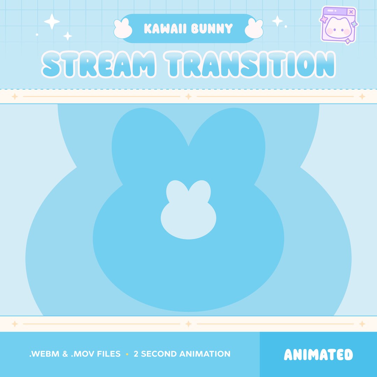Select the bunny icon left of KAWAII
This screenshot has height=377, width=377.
pos(123,28)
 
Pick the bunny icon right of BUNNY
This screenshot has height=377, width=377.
pos(254,28)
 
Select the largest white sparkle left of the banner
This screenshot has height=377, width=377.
pos(52,22)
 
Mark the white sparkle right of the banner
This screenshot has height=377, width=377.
pos(278,21)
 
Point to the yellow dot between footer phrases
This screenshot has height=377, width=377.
pos(127,354)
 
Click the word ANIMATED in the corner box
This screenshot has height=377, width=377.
pos(318,355)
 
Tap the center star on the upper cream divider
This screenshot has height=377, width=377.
pos(188,96)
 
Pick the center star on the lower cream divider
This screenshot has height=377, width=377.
pos(188,324)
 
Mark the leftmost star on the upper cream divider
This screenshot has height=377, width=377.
pos(15,96)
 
